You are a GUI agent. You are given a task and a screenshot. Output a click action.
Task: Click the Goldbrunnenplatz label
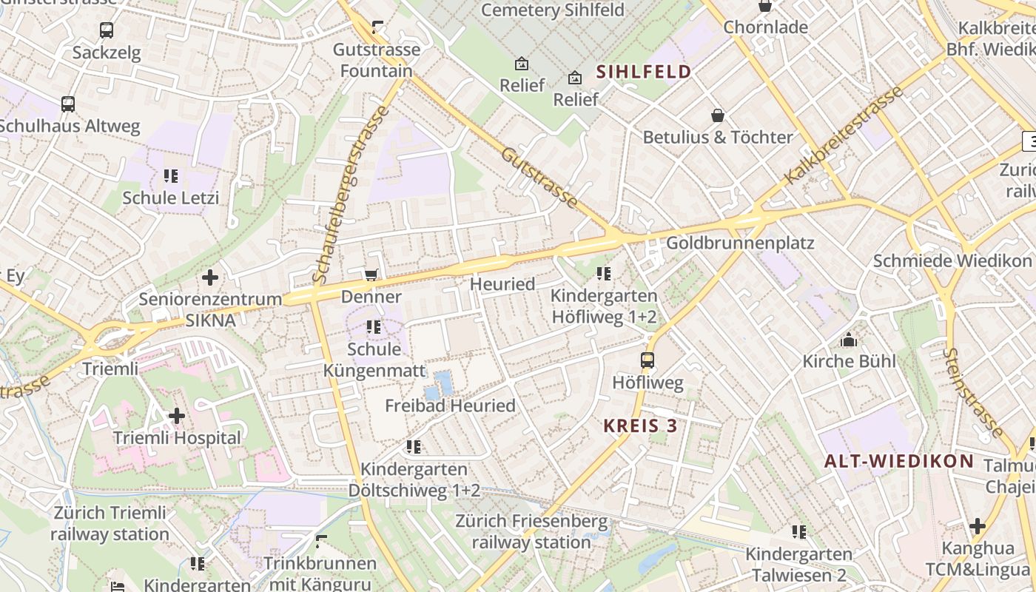[x=740, y=243]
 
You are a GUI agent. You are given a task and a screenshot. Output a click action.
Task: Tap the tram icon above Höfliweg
[x=647, y=360]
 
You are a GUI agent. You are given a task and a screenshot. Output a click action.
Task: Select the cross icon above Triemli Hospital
[x=177, y=416]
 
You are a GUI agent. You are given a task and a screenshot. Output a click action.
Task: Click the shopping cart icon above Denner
[x=371, y=275]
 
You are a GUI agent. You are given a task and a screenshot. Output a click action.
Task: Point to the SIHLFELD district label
[x=643, y=72]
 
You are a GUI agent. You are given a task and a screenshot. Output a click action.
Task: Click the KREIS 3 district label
[x=640, y=425]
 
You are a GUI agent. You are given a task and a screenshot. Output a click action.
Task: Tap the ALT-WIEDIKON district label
[x=899, y=461]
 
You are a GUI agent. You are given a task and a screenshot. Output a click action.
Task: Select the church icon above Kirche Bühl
[x=849, y=340]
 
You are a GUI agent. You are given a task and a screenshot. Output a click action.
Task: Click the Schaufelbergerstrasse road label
[x=351, y=195]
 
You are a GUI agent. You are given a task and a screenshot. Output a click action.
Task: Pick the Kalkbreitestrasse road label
[x=844, y=135]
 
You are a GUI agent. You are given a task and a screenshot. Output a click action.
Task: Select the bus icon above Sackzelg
[x=107, y=30]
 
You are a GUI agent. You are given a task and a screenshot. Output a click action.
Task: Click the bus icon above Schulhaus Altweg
[x=68, y=104]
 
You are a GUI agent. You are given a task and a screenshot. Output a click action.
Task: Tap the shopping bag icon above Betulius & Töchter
[x=717, y=115]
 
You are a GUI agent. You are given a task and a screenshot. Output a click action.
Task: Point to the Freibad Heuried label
[x=450, y=406]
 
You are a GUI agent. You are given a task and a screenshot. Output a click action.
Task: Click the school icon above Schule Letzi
[x=171, y=176]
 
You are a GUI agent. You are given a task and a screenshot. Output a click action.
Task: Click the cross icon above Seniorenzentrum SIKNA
[x=210, y=277]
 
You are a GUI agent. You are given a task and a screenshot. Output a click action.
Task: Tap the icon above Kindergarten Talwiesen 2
[x=798, y=532]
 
